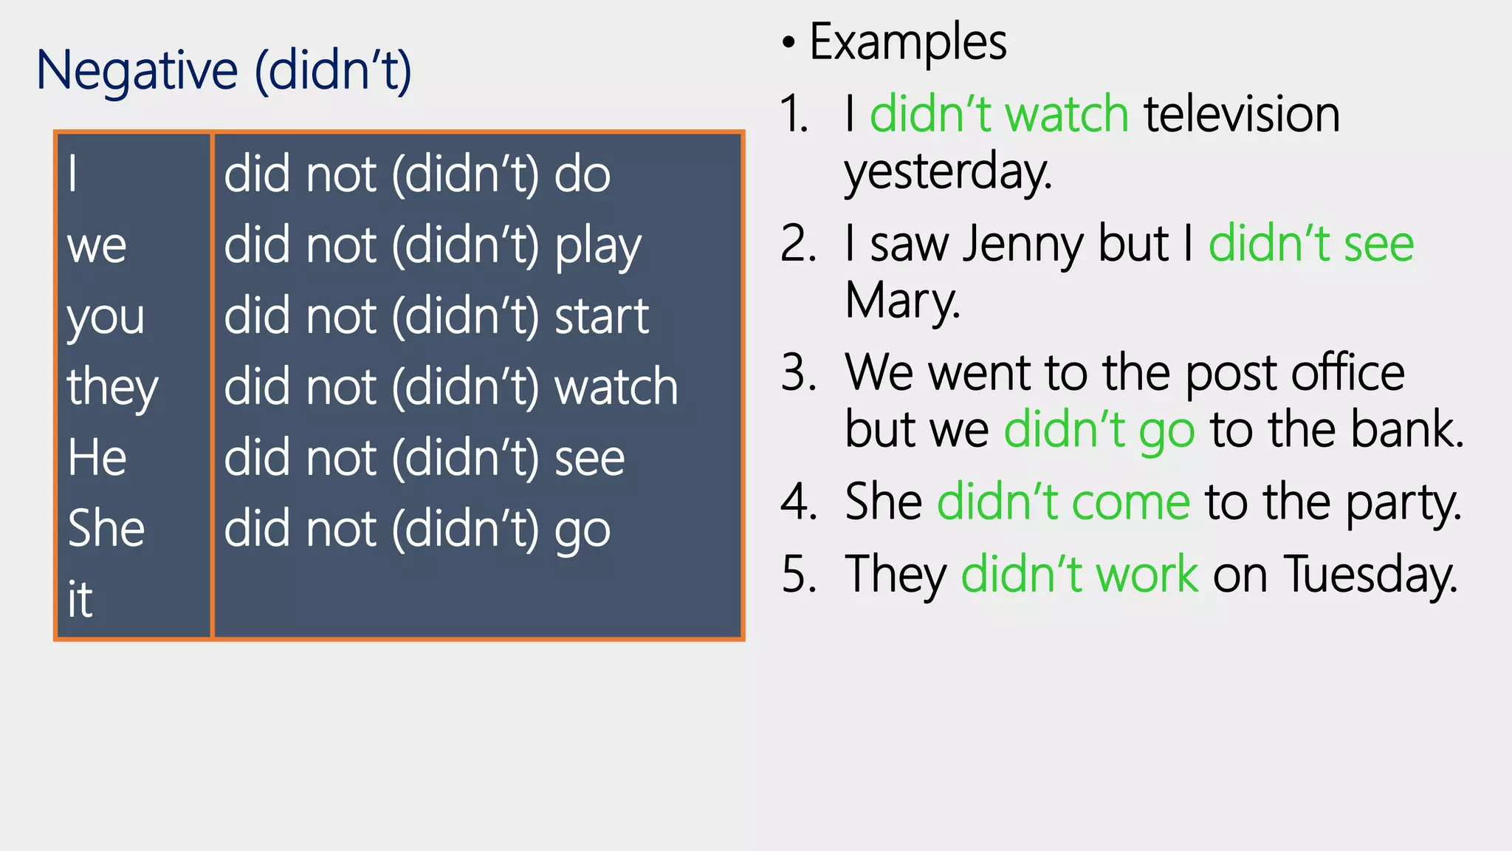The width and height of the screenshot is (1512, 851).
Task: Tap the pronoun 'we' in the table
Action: coord(97,246)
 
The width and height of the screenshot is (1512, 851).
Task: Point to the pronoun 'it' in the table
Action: coord(80,599)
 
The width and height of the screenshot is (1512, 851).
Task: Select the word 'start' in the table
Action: coord(602,317)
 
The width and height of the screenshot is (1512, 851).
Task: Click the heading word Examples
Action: coord(908,42)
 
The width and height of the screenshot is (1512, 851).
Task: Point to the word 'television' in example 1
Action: coord(1242,115)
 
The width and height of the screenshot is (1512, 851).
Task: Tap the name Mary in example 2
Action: coord(902,301)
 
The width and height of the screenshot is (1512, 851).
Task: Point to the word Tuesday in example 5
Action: coord(1371,575)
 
